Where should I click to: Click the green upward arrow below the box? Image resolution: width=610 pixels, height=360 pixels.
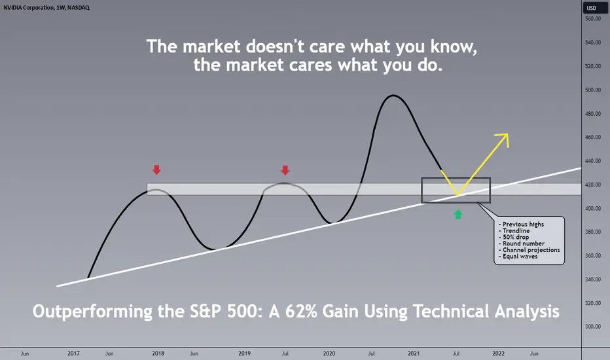coord(458,215)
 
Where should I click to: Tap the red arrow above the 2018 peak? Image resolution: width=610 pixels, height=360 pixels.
coord(156,170)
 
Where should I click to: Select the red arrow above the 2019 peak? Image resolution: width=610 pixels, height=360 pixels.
coord(285,170)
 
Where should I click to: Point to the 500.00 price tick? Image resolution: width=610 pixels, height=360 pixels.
coord(593,90)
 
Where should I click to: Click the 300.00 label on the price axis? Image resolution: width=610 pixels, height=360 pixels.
coord(593,327)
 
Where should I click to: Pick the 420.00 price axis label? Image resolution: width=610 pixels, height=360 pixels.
coord(593,185)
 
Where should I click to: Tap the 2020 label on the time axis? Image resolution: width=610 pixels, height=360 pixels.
coord(329,353)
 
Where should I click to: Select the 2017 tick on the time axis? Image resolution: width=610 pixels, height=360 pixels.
coord(73,353)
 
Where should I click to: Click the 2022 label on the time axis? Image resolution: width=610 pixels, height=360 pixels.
coord(498,353)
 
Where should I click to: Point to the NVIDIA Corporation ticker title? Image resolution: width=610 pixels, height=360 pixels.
coord(46,7)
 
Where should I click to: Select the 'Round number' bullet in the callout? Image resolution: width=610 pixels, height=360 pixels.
coord(521,243)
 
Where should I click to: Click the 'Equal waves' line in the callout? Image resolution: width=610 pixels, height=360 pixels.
coord(518,256)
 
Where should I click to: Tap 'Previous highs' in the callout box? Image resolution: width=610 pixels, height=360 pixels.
coord(521,224)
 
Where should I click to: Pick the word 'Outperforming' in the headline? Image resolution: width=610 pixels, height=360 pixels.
coord(92,312)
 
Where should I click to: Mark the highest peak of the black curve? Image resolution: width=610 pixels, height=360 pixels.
coord(393,96)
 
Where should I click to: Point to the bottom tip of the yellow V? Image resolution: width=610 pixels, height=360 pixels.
coord(458,194)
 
